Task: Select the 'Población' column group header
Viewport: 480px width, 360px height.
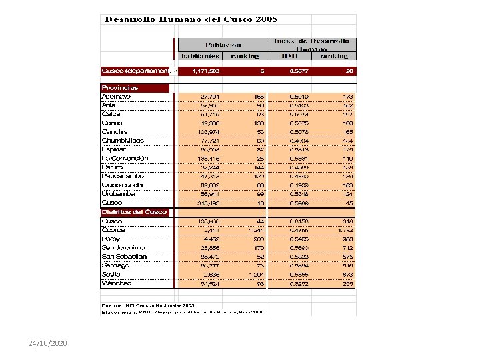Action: click(223, 45)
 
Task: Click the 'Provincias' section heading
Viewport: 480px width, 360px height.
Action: click(120, 87)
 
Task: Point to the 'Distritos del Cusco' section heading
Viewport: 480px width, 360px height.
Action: click(134, 212)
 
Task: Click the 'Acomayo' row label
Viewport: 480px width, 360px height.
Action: click(116, 97)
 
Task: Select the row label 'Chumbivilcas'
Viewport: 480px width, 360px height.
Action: click(123, 141)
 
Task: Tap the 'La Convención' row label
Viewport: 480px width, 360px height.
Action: click(125, 159)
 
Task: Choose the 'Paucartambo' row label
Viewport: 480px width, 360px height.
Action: click(123, 176)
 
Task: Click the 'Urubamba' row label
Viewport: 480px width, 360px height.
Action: click(118, 194)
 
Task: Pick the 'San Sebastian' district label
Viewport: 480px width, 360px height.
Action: click(123, 257)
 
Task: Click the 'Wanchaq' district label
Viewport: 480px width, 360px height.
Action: click(117, 283)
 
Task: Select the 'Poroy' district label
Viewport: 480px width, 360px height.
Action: click(111, 239)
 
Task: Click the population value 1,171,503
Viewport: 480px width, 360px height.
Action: click(206, 71)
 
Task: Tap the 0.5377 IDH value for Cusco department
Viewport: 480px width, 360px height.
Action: click(298, 71)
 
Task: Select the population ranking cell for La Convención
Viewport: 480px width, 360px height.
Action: click(259, 159)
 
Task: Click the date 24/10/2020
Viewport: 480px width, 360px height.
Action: click(47, 343)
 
